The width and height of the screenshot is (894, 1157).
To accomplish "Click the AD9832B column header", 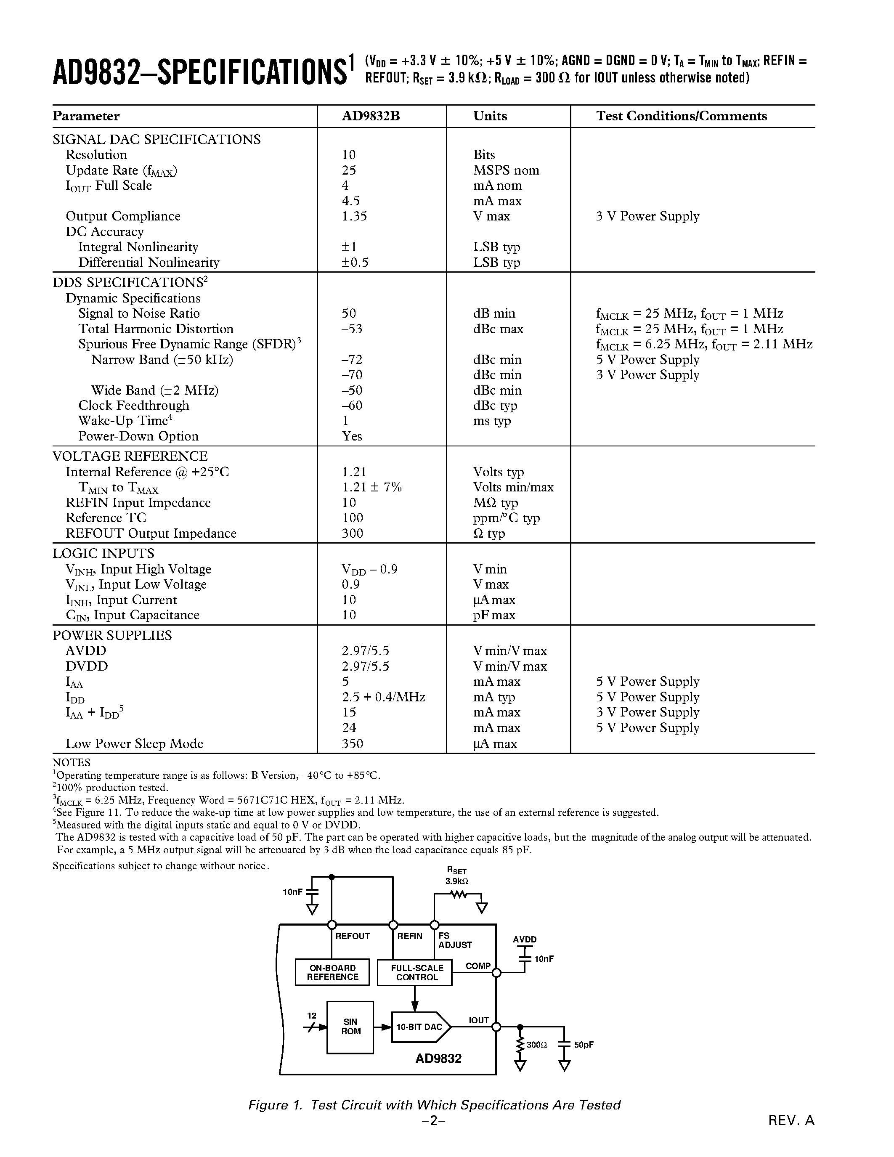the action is pyautogui.click(x=370, y=116).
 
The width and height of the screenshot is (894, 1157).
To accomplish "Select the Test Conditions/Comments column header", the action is pyautogui.click(x=681, y=116).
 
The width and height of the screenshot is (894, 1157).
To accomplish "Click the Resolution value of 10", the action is pyautogui.click(x=348, y=155).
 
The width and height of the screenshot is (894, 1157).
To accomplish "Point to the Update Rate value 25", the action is pyautogui.click(x=348, y=170).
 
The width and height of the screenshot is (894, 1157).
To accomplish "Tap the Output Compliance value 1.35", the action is pyautogui.click(x=354, y=216).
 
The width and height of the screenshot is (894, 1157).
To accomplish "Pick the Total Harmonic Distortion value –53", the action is pyautogui.click(x=352, y=329).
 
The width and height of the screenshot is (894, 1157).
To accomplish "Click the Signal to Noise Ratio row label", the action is pyautogui.click(x=139, y=313).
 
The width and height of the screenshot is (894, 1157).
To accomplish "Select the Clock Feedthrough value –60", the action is pyautogui.click(x=352, y=406).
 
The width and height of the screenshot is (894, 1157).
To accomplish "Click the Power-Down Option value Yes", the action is pyautogui.click(x=352, y=437).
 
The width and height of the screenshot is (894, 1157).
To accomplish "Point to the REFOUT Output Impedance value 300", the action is pyautogui.click(x=352, y=533).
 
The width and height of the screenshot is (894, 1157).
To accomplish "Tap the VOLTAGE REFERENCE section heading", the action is pyautogui.click(x=130, y=456).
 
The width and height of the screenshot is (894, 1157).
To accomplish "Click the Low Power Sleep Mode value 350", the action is pyautogui.click(x=352, y=744).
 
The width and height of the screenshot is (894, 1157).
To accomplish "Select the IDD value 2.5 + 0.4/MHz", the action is pyautogui.click(x=383, y=697).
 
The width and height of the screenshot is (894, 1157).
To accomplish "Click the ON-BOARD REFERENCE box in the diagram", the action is pyautogui.click(x=332, y=972).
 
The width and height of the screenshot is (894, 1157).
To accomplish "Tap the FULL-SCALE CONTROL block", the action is pyautogui.click(x=415, y=973).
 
